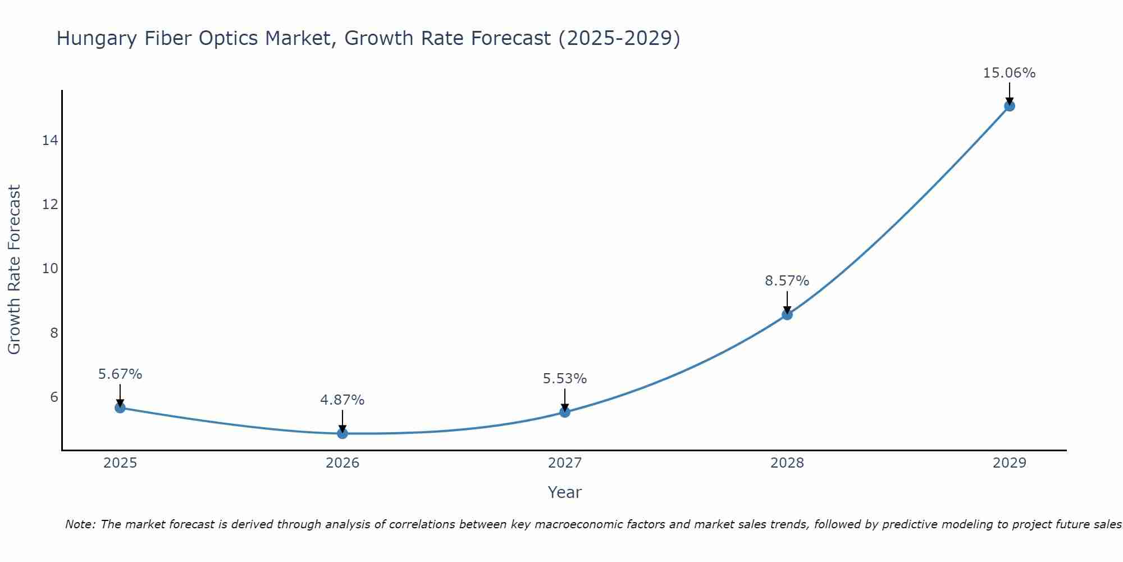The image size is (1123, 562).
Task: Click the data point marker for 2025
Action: [x=120, y=407]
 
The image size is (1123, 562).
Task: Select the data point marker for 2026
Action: [x=343, y=433]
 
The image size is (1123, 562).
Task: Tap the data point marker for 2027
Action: [x=565, y=412]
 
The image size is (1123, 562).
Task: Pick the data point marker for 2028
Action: [x=787, y=315]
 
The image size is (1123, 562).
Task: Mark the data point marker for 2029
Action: [x=1010, y=106]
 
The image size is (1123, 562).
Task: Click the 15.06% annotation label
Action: [x=1009, y=73]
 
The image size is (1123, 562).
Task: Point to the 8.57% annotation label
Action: [x=787, y=280]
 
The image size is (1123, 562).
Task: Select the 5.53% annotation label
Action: [x=564, y=379]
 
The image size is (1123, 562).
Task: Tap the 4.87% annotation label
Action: [x=342, y=400]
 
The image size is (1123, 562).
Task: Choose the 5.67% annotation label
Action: [x=120, y=374]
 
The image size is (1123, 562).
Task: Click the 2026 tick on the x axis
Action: [x=343, y=463]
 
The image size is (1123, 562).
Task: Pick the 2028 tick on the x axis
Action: [x=787, y=463]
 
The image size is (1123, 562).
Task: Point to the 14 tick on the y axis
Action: [x=50, y=140]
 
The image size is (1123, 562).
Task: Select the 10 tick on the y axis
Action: [x=50, y=269]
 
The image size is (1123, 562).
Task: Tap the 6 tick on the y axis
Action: [x=54, y=397]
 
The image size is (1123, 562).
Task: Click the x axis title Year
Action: [x=564, y=492]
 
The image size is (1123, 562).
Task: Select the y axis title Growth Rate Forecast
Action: [x=14, y=270]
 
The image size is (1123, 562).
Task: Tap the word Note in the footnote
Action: [x=80, y=524]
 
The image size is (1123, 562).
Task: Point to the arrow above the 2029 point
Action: [x=1010, y=93]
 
